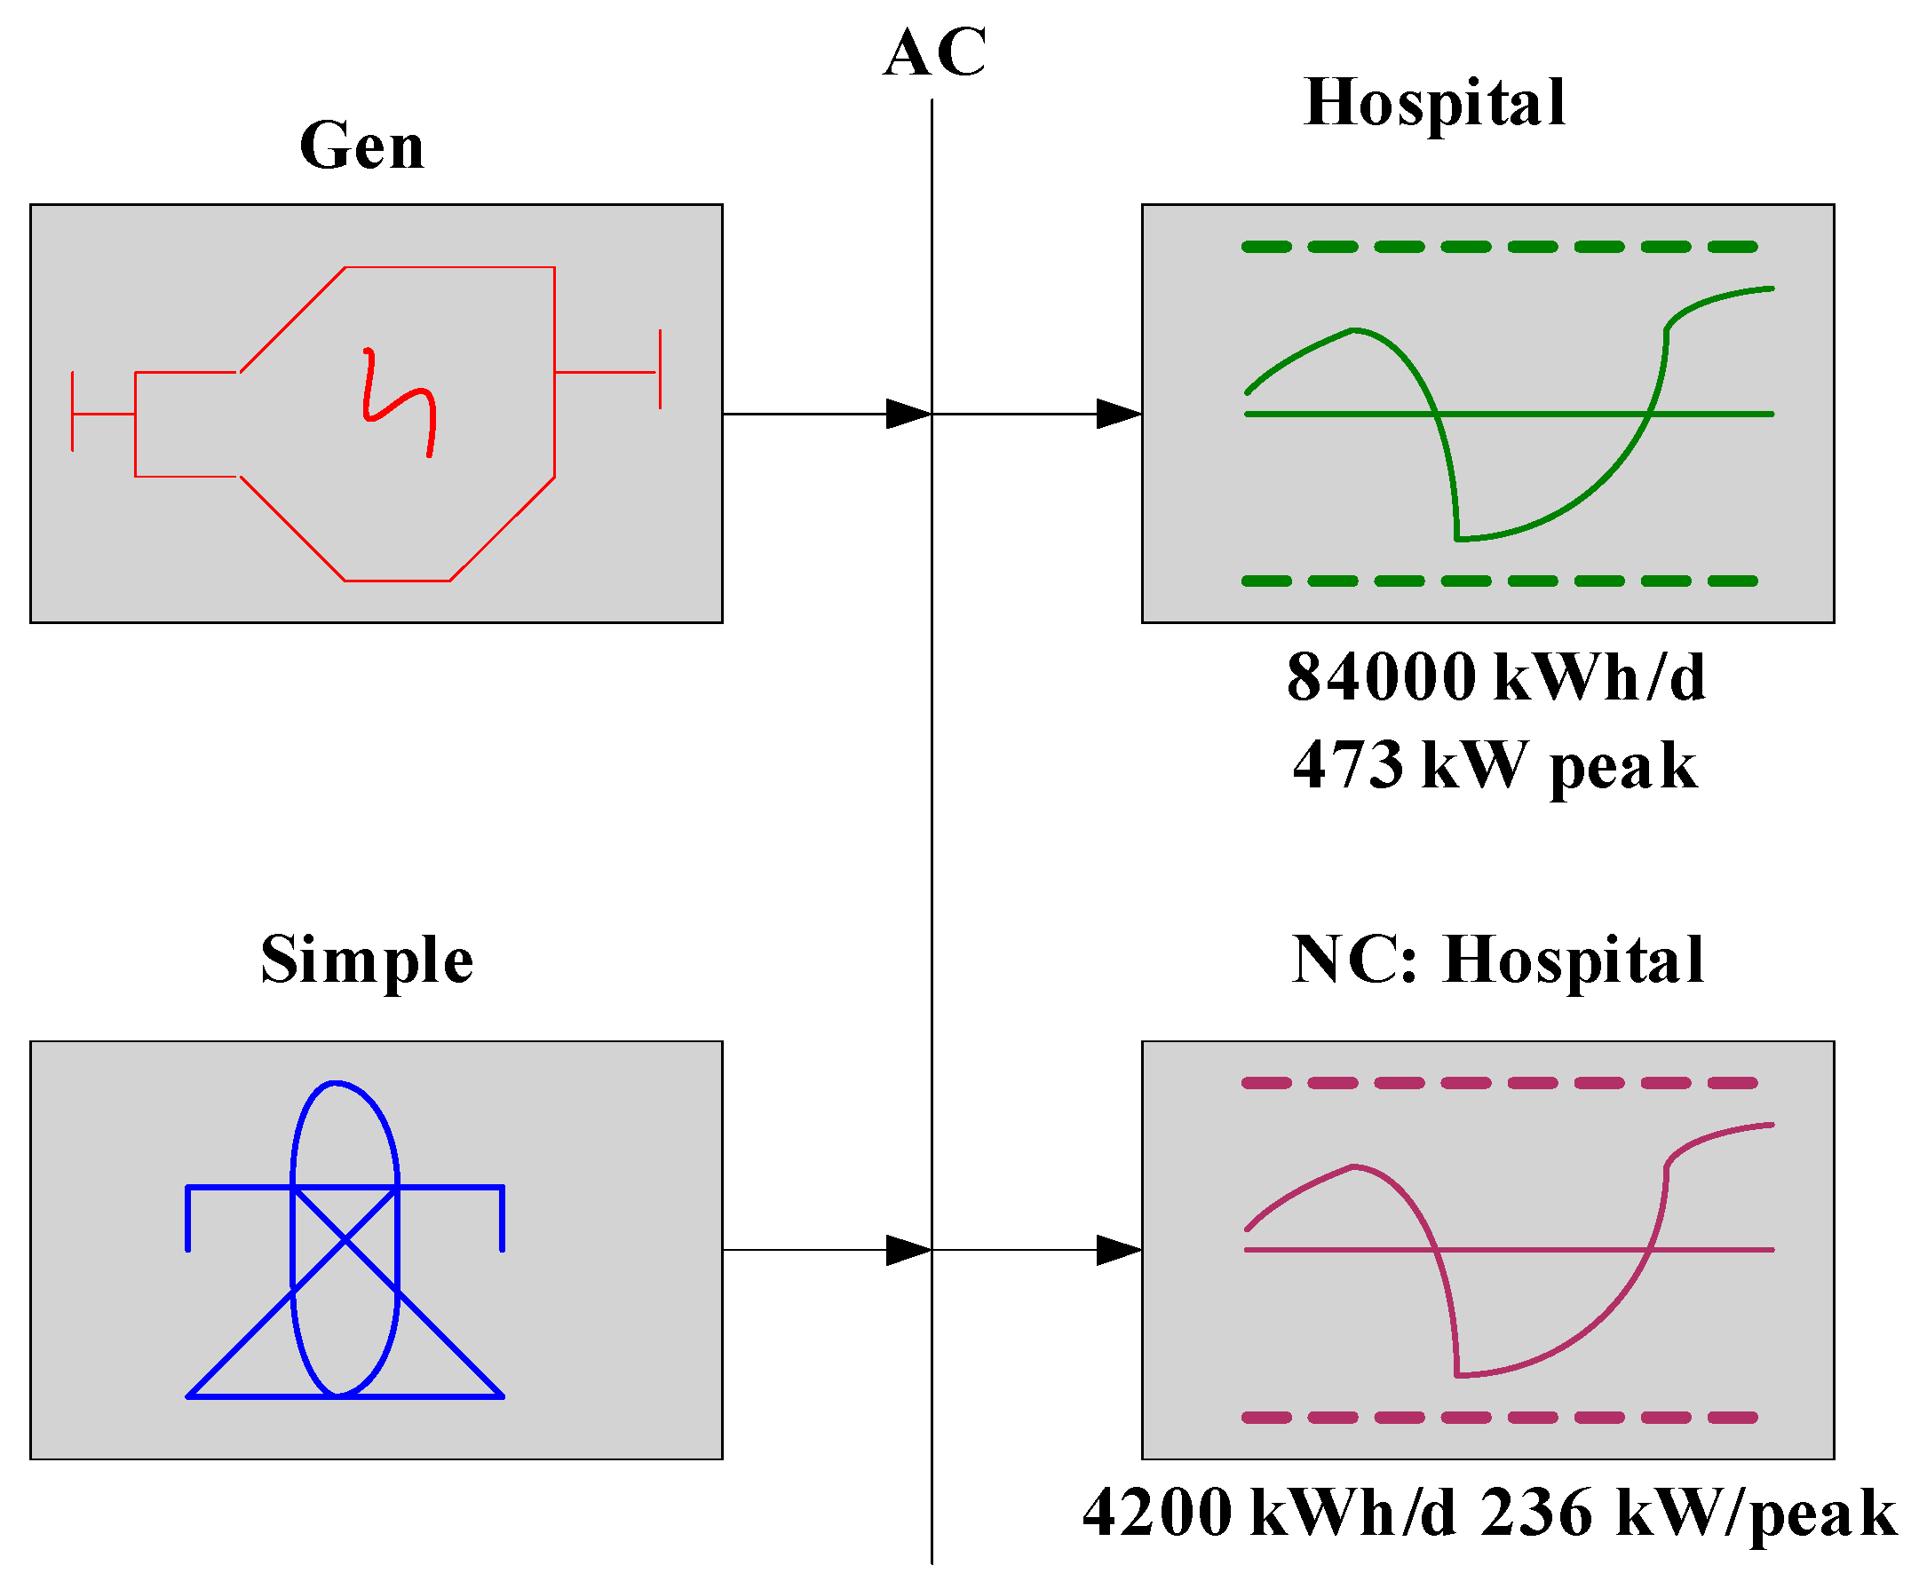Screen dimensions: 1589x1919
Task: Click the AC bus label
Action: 934,53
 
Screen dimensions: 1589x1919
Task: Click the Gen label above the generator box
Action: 362,146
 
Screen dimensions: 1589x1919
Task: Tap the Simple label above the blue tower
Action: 367,961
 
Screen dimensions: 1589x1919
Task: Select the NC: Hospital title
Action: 1498,961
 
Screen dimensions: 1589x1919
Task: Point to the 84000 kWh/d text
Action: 1496,677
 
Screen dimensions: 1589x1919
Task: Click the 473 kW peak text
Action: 1495,765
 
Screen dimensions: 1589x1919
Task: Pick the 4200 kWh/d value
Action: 1268,1513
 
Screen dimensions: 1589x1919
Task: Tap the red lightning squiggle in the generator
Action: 399,402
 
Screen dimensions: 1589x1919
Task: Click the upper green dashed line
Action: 1499,247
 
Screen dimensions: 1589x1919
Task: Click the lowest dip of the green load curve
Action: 1458,539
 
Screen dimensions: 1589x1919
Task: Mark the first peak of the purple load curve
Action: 1353,1166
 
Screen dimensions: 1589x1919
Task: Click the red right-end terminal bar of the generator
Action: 660,370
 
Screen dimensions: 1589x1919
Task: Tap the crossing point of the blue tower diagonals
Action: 345,1240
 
